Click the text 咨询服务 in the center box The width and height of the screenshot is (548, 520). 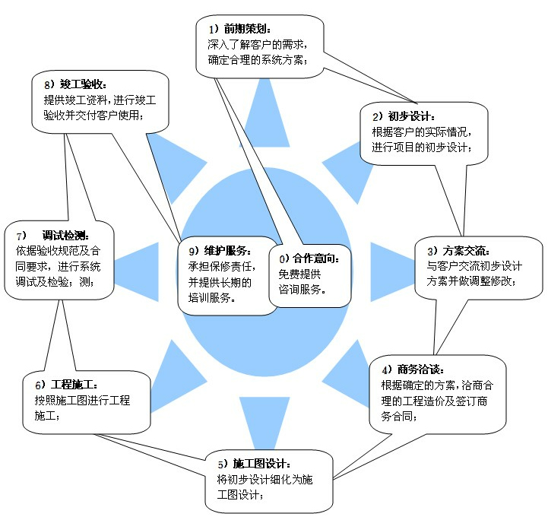click(x=303, y=290)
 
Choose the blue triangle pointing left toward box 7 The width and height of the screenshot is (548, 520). click(x=137, y=262)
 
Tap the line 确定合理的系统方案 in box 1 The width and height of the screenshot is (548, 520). click(x=258, y=60)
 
